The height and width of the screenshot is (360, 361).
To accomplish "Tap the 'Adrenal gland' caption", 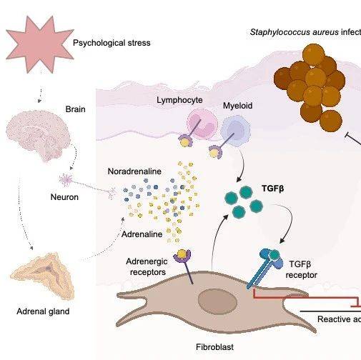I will [x=43, y=311].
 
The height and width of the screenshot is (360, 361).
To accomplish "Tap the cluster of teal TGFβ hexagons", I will [x=243, y=201].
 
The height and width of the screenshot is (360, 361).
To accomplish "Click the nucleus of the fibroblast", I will [x=215, y=300].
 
